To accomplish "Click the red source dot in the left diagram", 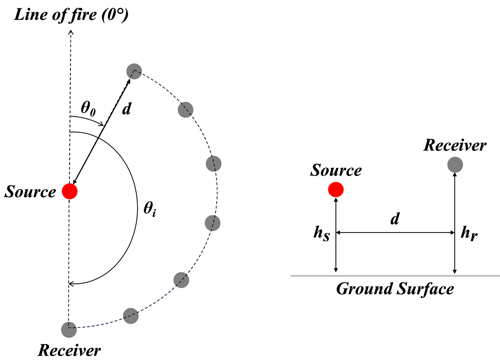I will point(70,191).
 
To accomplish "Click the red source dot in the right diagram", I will point(335,190).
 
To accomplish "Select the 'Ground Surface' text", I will point(395,289).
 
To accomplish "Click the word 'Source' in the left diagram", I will point(30,192).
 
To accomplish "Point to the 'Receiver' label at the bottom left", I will point(69,350).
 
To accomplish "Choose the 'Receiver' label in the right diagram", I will point(455,145).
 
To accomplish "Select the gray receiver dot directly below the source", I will point(68,330).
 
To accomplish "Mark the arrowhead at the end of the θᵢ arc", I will point(71,284).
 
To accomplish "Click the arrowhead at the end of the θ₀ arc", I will point(101,124).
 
